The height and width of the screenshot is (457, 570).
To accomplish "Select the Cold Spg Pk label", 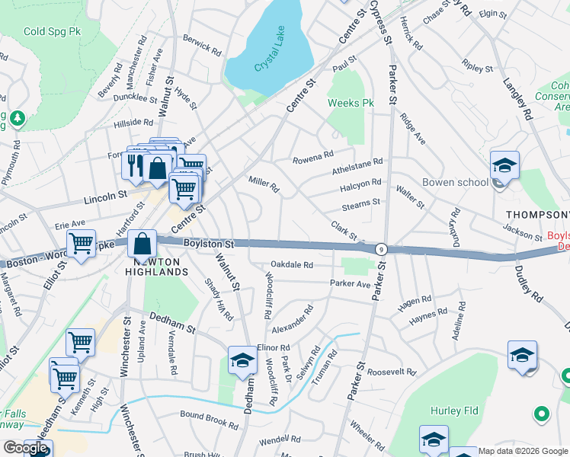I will pos(51,31).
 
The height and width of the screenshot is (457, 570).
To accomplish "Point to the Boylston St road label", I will pos(208,243).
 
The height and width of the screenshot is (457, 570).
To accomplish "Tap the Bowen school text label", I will pos(455,183).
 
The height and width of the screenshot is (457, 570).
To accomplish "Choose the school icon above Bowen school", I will pos(504,165).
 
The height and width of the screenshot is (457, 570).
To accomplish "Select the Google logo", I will pos(25,448).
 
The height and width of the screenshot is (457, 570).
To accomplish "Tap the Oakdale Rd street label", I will pos(292,265).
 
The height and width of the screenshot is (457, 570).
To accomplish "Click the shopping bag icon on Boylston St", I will pos(142,244).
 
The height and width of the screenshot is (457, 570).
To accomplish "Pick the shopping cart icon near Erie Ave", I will pos(80,244).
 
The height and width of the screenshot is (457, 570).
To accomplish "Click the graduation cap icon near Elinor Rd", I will pos(243,360).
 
